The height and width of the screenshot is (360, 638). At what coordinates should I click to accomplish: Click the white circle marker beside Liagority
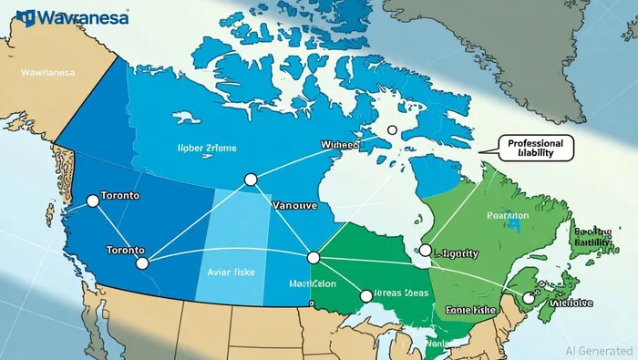(x=425, y=250)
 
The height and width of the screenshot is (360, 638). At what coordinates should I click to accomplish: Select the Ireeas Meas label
(x=400, y=294)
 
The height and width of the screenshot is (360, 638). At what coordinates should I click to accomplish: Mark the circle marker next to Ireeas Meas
(x=366, y=295)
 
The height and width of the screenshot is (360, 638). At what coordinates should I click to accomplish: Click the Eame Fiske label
(x=469, y=310)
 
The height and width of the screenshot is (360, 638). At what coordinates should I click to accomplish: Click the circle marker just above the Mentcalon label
(x=314, y=258)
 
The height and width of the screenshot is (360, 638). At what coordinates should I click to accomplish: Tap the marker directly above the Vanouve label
(x=252, y=180)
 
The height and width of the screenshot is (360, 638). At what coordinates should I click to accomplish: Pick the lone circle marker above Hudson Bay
(x=392, y=130)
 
